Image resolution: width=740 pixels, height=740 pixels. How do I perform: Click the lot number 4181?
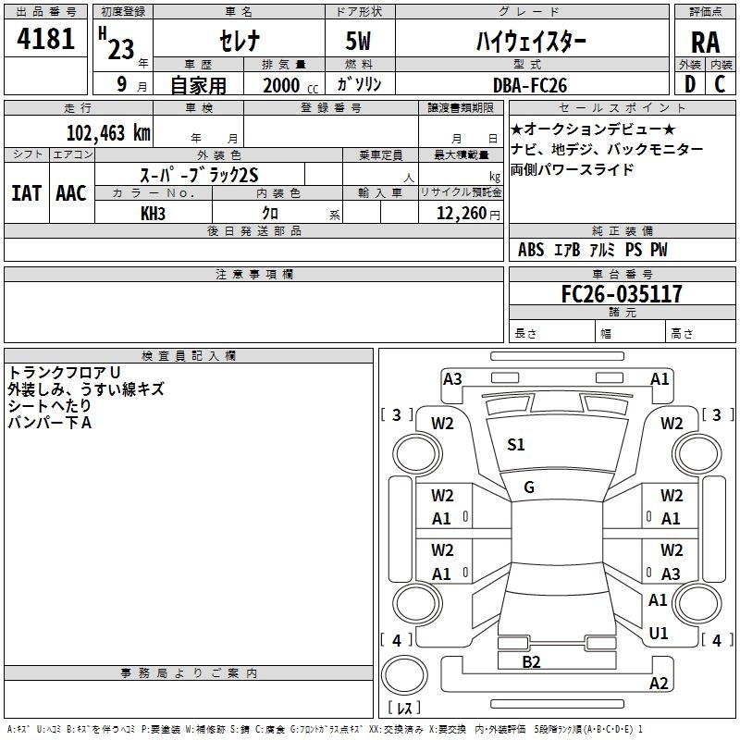tap(46, 40)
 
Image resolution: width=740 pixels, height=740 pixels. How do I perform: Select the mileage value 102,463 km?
tap(108, 132)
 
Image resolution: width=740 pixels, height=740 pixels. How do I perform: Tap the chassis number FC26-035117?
tap(623, 294)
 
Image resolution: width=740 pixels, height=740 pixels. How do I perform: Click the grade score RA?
tap(705, 42)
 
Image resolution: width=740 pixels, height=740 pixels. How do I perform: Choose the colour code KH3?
tap(153, 214)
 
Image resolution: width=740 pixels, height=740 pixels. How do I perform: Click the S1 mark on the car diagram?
tap(516, 445)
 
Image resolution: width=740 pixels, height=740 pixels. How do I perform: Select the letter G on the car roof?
tap(529, 487)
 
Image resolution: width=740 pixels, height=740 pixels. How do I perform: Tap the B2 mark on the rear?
tap(531, 661)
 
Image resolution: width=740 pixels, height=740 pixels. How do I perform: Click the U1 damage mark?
tap(659, 634)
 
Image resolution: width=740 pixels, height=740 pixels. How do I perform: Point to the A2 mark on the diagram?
tap(659, 684)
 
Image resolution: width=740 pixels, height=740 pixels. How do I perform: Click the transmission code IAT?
tap(26, 193)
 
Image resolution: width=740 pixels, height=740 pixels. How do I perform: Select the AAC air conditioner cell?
tap(71, 193)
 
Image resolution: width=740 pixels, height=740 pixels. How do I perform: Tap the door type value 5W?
tap(360, 42)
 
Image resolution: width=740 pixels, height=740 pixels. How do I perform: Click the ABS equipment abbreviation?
tap(531, 250)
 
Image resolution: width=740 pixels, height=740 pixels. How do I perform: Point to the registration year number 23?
tap(120, 48)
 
